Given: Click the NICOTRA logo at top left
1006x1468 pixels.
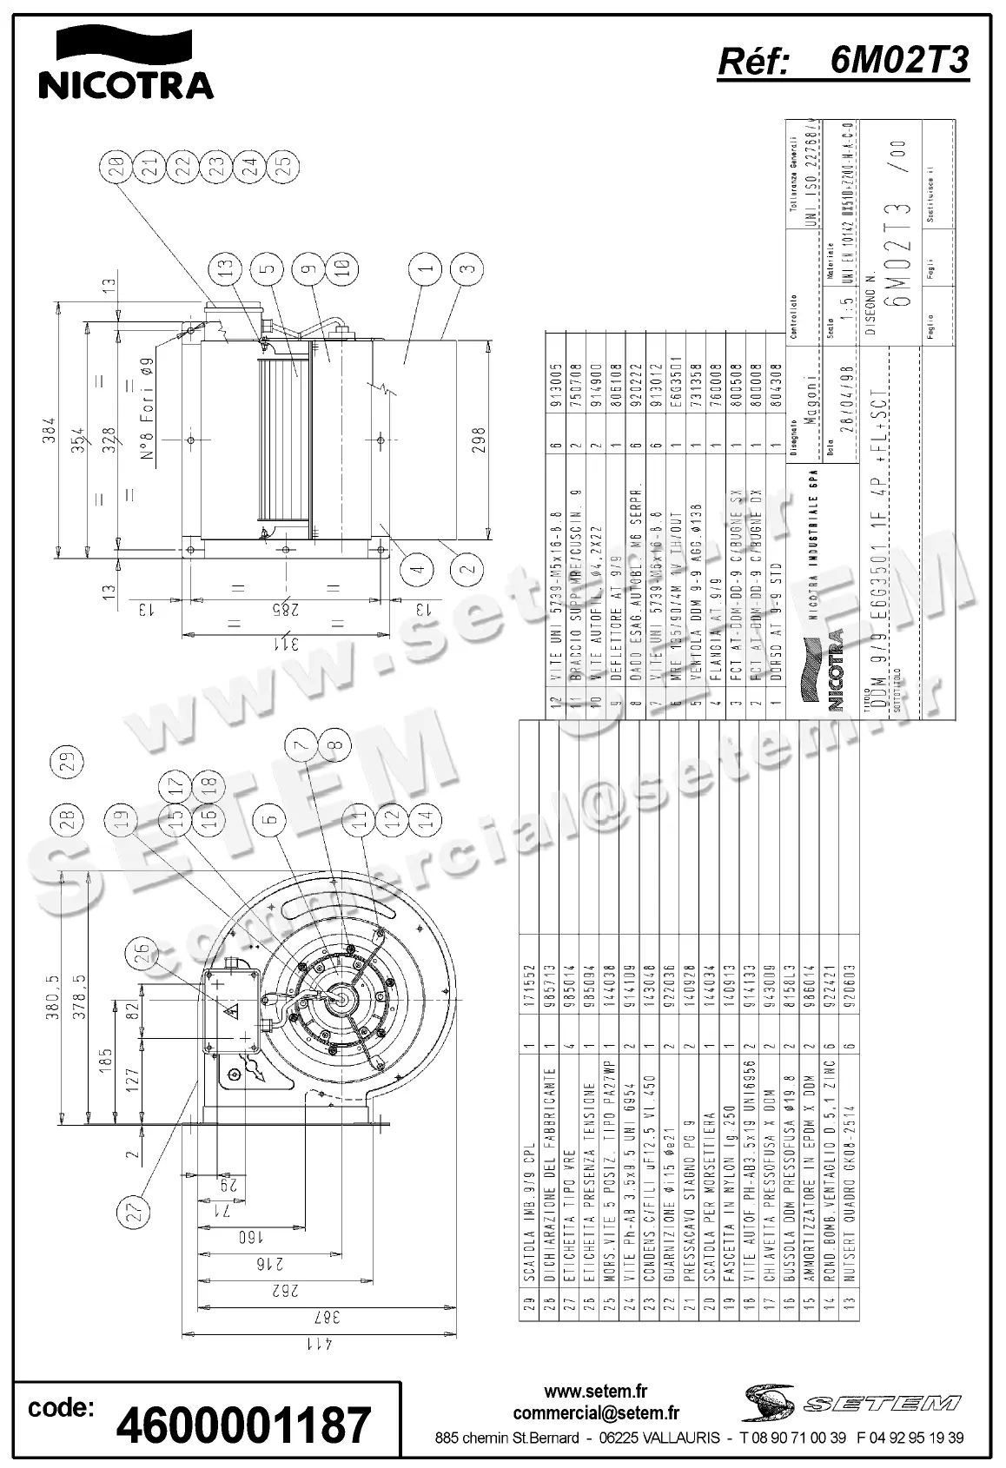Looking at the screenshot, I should click(x=126, y=63).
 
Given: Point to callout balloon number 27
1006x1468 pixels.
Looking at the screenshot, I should click(x=133, y=1213).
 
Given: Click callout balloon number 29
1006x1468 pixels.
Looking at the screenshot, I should click(x=68, y=761).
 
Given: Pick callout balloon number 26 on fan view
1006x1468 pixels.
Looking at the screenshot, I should click(x=142, y=954).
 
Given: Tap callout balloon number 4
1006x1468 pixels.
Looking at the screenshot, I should click(x=418, y=569).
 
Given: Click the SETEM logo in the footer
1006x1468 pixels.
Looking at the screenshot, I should click(x=851, y=1402).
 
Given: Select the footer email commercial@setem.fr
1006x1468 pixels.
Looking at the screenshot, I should click(x=596, y=1413).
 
